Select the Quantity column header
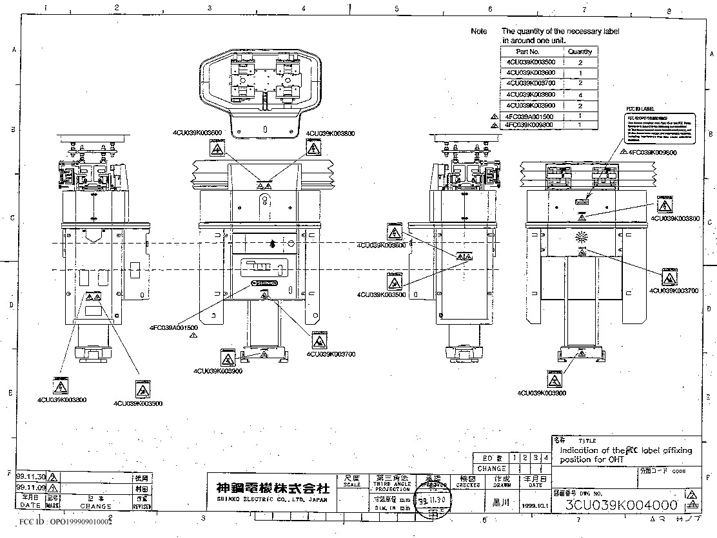pyautogui.click(x=580, y=52)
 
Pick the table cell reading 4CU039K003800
pyautogui.click(x=531, y=94)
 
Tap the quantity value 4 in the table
pyautogui.click(x=580, y=94)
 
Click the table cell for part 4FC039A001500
pyautogui.click(x=531, y=116)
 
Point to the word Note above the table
pyautogui.click(x=479, y=31)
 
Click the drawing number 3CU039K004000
pyautogui.click(x=621, y=505)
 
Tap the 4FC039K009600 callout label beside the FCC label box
pyautogui.click(x=652, y=153)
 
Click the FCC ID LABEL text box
pyautogui.click(x=661, y=128)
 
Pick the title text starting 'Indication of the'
pyautogui.click(x=625, y=455)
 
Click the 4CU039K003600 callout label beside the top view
pyautogui.click(x=197, y=133)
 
